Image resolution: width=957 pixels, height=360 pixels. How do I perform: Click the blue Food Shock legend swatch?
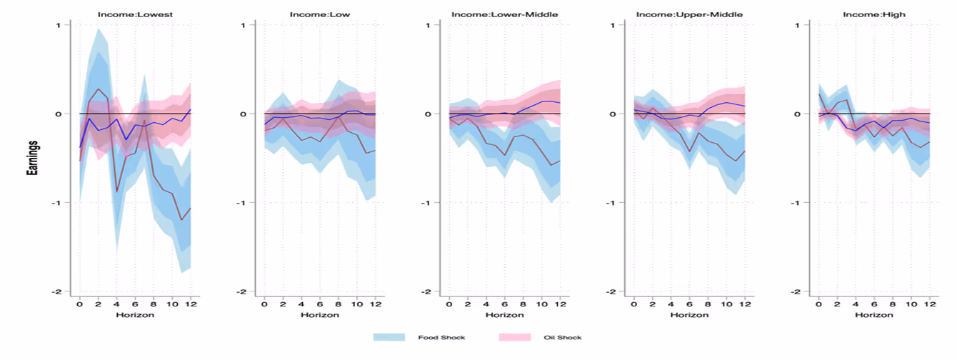389,336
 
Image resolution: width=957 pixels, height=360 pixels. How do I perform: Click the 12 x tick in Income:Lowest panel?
191,304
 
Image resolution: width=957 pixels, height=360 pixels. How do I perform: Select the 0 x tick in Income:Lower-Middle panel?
449,304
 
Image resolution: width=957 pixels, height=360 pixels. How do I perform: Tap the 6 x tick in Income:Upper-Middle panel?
689,304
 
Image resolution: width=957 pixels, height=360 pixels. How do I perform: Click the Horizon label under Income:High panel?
874,314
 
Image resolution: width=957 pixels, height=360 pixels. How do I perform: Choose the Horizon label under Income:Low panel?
319,314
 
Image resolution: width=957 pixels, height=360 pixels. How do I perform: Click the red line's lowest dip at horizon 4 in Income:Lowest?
116,191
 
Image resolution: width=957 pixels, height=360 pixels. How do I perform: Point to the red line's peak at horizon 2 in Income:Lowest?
99,89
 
